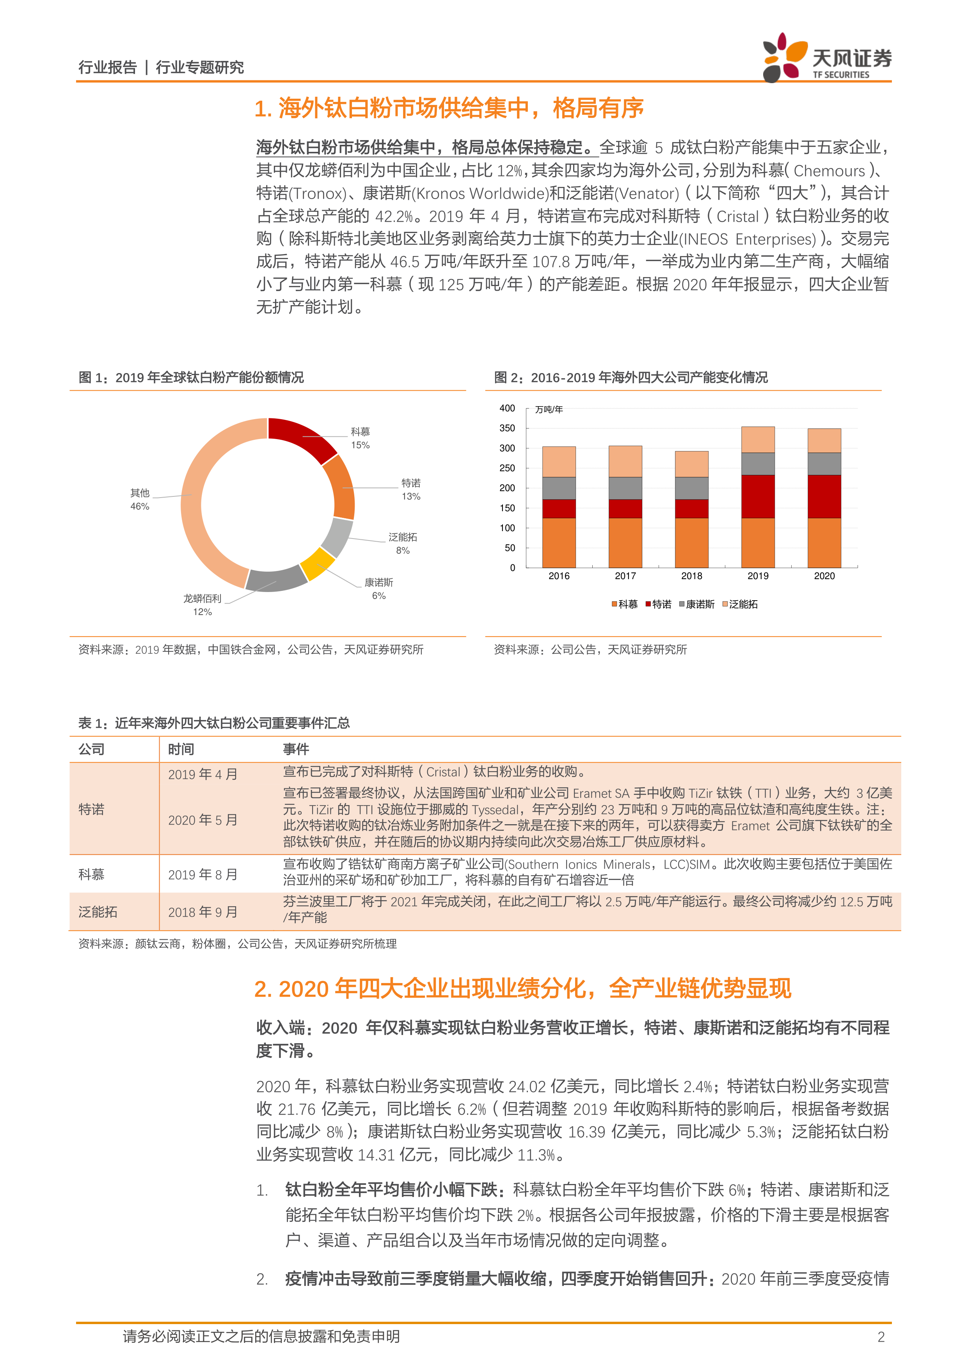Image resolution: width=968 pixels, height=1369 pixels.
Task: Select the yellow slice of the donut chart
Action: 317,563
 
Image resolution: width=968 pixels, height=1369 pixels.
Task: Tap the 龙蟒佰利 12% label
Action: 202,604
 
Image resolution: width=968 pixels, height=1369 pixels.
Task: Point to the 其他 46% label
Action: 140,499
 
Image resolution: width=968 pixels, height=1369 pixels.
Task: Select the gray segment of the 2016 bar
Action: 558,488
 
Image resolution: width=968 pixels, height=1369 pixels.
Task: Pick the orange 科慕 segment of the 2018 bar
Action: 691,542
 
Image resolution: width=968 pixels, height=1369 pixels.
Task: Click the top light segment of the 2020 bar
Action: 824,440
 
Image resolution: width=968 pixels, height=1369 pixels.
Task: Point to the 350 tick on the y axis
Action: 507,428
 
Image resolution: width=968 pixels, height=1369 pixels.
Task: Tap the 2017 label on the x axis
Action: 625,576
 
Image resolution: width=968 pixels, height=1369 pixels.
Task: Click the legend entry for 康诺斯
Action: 697,604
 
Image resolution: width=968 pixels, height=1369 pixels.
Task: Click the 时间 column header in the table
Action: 181,750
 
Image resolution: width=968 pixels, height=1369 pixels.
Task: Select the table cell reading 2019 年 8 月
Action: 202,874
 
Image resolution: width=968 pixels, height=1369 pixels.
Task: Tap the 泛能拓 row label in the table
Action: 98,912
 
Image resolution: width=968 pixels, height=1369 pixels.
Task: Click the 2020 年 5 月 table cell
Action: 202,820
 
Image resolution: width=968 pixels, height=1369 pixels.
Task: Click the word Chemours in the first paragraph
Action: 829,171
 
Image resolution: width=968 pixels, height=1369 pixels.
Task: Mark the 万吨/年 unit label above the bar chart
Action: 548,410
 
